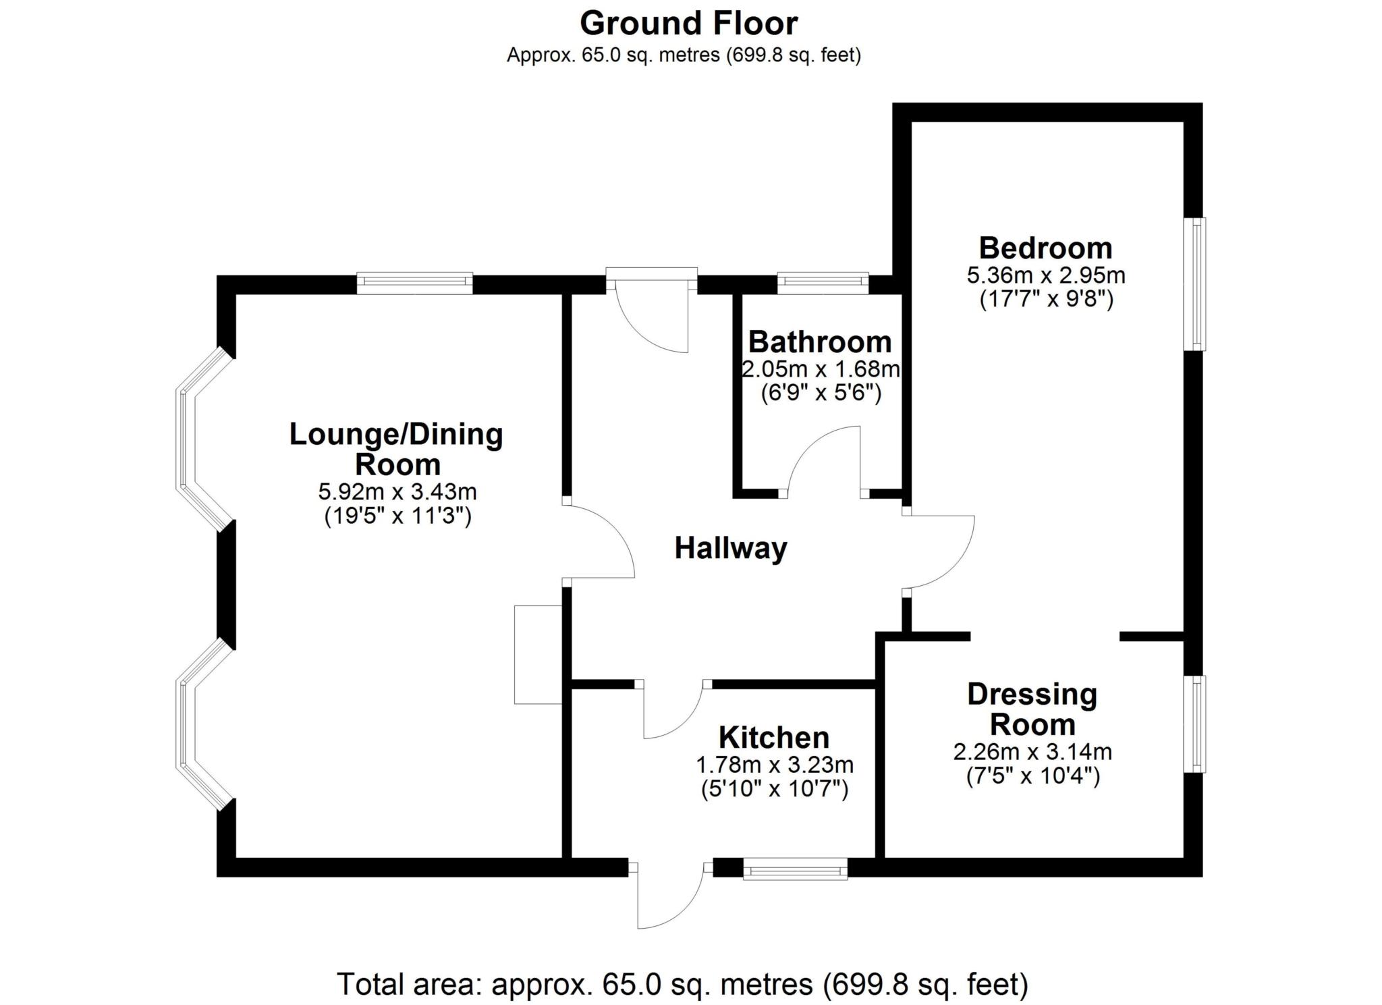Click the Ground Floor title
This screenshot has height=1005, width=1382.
(688, 24)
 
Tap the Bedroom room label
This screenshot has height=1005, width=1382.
(1045, 248)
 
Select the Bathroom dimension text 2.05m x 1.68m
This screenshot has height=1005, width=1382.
(821, 370)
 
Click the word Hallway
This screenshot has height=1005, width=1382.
(731, 548)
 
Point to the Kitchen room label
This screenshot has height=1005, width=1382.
(774, 738)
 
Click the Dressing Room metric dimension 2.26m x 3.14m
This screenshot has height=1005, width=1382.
(1032, 752)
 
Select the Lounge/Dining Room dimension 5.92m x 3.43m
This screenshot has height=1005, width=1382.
(397, 491)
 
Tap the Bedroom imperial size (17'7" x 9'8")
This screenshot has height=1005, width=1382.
(1046, 299)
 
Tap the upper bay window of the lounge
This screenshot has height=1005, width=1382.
(196, 439)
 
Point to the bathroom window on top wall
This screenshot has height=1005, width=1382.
(823, 283)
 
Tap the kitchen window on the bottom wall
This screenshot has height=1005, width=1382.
(795, 869)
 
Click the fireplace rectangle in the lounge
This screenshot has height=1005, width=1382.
(538, 655)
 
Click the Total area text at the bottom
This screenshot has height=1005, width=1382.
(682, 984)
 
